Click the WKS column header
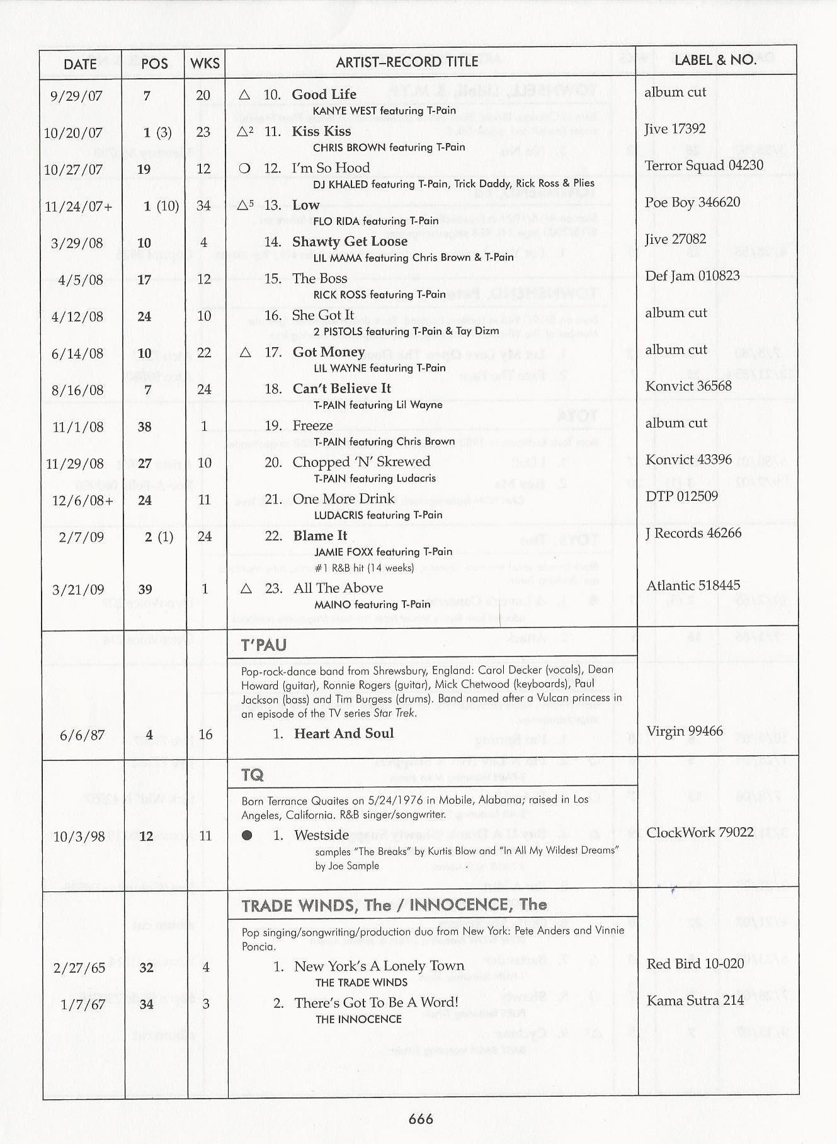click(x=205, y=64)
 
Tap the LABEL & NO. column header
click(x=715, y=60)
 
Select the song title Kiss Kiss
click(x=321, y=131)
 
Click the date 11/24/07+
click(x=79, y=206)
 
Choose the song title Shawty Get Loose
click(x=350, y=242)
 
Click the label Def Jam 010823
click(x=692, y=276)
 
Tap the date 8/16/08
click(x=77, y=391)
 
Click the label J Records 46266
click(x=693, y=533)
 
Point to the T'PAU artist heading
click(x=263, y=645)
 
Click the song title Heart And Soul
click(x=343, y=733)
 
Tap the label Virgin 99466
click(x=685, y=731)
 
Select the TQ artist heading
click(x=253, y=775)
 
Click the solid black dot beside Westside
click(x=247, y=835)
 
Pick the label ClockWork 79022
click(x=700, y=832)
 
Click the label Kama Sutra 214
click(x=695, y=1000)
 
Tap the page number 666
click(x=421, y=1118)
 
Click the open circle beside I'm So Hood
click(x=245, y=168)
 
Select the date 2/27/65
click(x=79, y=968)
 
